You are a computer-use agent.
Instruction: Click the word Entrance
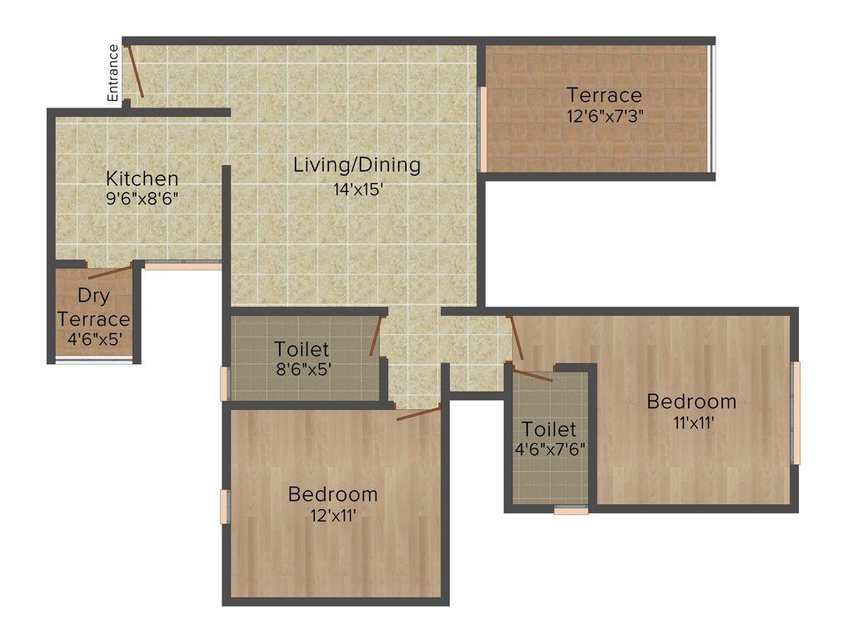tap(114, 73)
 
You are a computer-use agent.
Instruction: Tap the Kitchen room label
tap(142, 178)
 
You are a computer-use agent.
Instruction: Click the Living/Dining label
tap(357, 165)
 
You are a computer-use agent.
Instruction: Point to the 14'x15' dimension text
tap(357, 188)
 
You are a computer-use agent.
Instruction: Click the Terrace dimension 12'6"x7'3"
tap(605, 117)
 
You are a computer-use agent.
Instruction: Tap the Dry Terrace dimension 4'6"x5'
tap(93, 339)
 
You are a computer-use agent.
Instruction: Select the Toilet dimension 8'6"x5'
tap(302, 369)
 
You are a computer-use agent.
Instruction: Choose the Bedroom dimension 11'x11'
tap(691, 422)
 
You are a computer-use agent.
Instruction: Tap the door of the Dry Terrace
tap(110, 272)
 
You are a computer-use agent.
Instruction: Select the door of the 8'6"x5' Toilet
tap(376, 337)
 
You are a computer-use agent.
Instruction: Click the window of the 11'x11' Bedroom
tap(796, 412)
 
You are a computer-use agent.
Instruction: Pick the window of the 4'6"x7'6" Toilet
tap(571, 510)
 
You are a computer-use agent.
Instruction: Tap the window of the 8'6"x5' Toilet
tap(224, 383)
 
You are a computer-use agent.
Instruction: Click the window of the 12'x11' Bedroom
tap(224, 507)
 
